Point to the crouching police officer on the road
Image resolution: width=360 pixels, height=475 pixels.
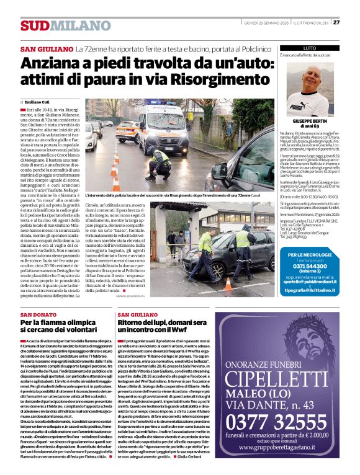coord(162,162)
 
